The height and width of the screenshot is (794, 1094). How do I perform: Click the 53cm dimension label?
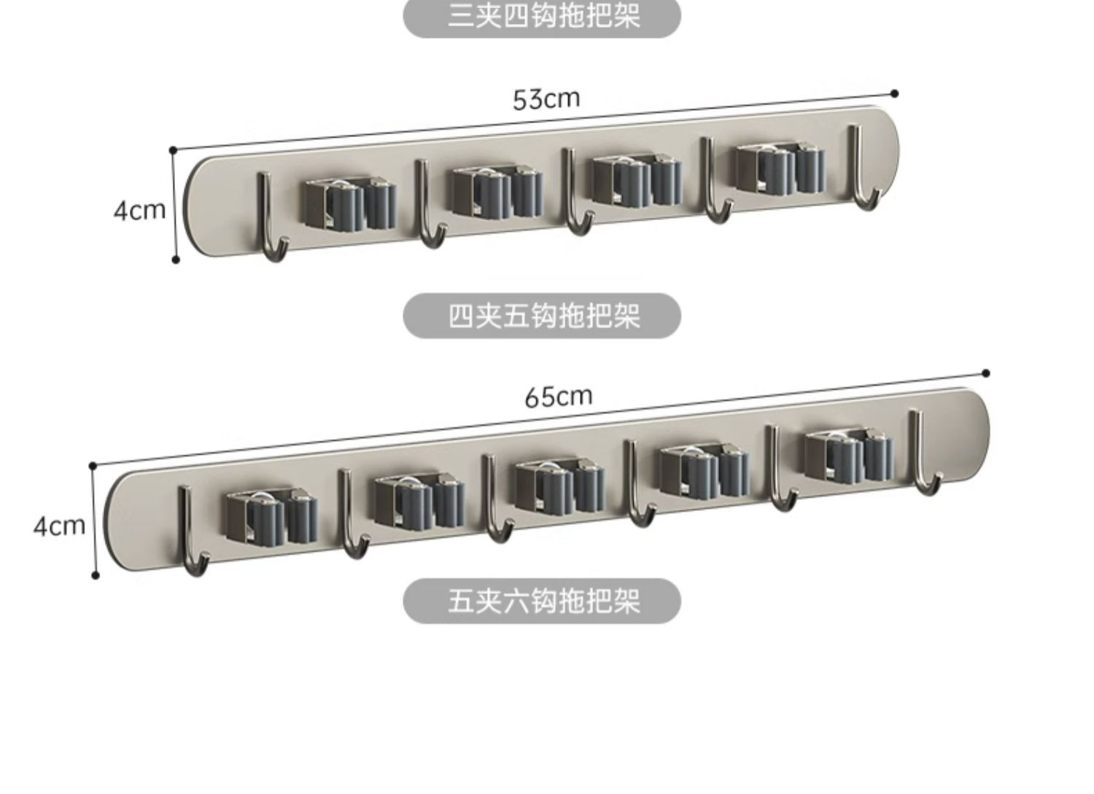[x=546, y=98]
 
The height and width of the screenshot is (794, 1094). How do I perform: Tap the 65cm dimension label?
[x=558, y=397]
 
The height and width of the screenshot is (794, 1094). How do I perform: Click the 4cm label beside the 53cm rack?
[x=139, y=211]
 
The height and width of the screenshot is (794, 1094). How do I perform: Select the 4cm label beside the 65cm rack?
[x=58, y=526]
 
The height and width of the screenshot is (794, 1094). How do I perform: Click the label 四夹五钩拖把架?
[x=542, y=316]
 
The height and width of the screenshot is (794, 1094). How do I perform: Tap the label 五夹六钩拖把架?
[x=542, y=602]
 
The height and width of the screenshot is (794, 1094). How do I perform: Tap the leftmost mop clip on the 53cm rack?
[x=349, y=203]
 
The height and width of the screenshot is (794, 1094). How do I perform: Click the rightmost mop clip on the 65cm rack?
[x=848, y=456]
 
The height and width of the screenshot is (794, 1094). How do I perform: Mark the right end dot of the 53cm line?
[x=895, y=93]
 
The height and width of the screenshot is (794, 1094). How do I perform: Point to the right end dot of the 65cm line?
[x=986, y=373]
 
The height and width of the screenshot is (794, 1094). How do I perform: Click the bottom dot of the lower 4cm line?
[x=96, y=575]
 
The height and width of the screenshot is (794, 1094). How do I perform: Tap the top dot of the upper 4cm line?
[x=173, y=150]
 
